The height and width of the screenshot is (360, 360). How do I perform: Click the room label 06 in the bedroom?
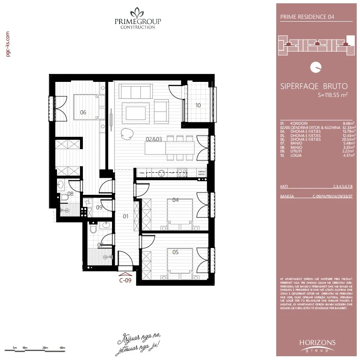pyautogui.click(x=83, y=112)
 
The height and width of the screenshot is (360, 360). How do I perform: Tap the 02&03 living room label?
pyautogui.click(x=153, y=139)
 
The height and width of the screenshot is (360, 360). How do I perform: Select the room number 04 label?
pyautogui.click(x=175, y=200)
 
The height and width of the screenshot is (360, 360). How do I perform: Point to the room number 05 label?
pyautogui.click(x=175, y=252)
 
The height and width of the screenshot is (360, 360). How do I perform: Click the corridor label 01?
pyautogui.click(x=126, y=217)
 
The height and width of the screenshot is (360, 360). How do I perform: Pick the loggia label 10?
pyautogui.click(x=198, y=105)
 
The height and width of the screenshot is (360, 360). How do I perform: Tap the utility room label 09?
pyautogui.click(x=99, y=207)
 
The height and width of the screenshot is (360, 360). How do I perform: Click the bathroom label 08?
pyautogui.click(x=71, y=193)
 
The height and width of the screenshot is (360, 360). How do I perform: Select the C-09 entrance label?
pyautogui.click(x=125, y=281)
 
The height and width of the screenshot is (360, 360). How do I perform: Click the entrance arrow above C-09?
pyautogui.click(x=125, y=274)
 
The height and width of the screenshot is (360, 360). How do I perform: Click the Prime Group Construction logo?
pyautogui.click(x=135, y=19)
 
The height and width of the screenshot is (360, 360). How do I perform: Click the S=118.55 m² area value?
pyautogui.click(x=333, y=95)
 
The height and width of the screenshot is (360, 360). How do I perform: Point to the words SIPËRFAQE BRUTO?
pyautogui.click(x=313, y=87)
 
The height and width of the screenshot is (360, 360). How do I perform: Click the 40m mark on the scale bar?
pyautogui.click(x=62, y=348)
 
